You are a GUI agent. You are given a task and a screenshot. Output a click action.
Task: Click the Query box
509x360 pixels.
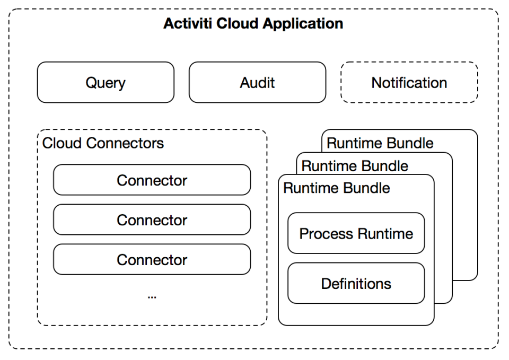[106, 83]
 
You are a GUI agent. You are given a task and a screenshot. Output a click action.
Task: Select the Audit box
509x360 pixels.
[258, 83]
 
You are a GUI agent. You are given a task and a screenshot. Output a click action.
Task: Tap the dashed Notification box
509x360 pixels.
[409, 83]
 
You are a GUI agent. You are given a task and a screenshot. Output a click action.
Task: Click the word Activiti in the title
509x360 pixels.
[188, 23]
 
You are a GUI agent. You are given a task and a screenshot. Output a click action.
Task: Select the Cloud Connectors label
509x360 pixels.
[103, 143]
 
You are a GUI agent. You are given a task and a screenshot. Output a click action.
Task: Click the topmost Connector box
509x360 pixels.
[152, 180]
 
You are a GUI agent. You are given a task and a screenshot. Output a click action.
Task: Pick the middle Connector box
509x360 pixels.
[152, 220]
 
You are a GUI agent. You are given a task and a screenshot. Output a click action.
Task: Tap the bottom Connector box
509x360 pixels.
[152, 259]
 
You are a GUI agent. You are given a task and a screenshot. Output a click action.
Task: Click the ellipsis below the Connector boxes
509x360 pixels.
[152, 297]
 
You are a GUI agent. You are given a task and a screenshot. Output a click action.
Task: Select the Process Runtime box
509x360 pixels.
[356, 233]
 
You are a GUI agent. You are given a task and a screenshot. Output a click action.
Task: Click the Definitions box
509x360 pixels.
[356, 284]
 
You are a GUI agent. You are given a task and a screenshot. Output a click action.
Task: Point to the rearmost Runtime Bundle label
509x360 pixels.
[380, 143]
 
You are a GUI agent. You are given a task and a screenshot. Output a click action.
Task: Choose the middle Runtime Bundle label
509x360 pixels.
[355, 166]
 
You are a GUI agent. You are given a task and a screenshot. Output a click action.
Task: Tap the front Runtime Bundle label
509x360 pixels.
[337, 188]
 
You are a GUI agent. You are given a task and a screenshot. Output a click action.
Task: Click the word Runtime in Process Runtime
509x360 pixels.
[385, 234]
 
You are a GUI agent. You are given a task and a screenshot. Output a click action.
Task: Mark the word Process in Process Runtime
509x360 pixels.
[326, 234]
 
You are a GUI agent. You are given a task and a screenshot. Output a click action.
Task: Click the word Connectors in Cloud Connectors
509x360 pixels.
[125, 143]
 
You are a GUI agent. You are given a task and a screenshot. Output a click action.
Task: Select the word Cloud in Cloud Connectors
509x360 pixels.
[62, 143]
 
